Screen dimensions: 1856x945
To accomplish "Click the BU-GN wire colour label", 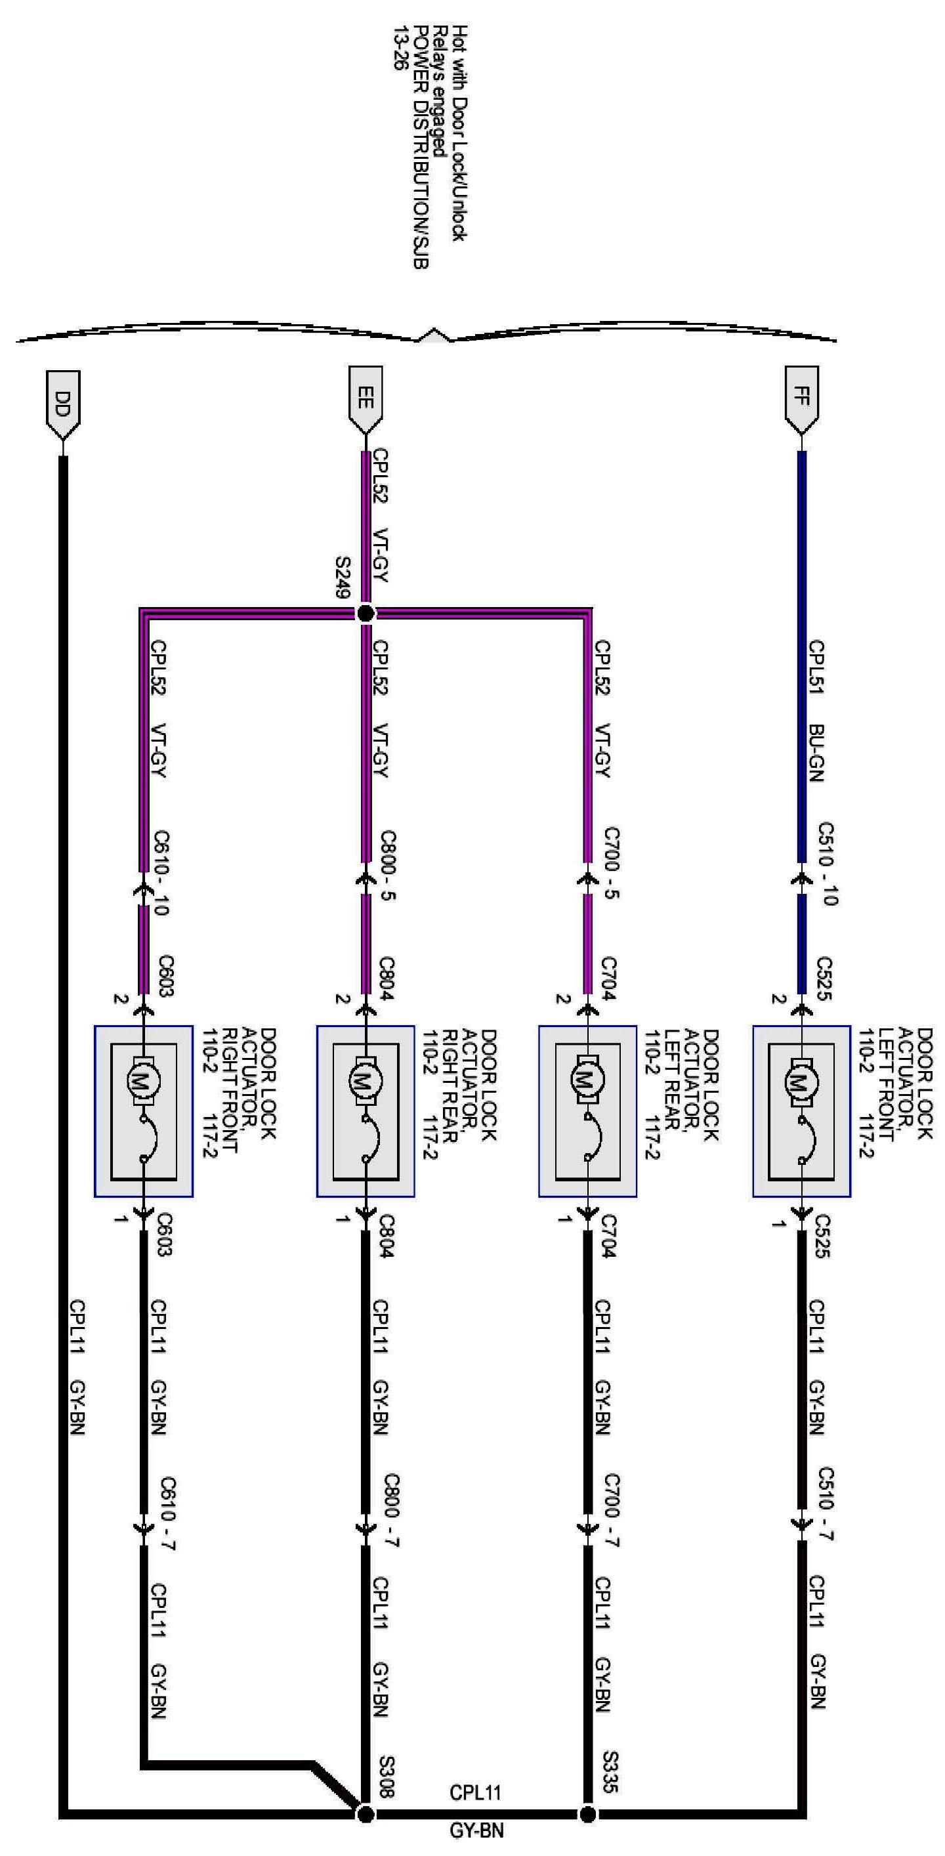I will tap(818, 752).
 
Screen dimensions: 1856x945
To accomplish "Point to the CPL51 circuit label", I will tap(818, 666).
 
